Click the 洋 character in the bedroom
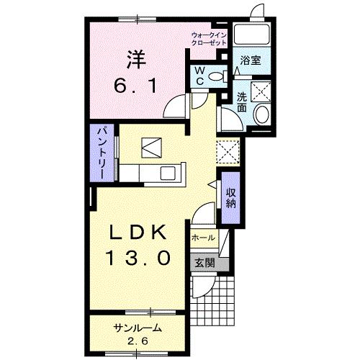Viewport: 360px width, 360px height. (137, 55)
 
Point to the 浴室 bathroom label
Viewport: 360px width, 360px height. (251, 60)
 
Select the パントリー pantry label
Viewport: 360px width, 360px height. (102, 152)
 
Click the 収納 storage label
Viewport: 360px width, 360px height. (230, 197)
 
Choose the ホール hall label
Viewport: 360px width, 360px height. (202, 235)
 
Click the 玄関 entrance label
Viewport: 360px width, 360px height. (202, 263)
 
